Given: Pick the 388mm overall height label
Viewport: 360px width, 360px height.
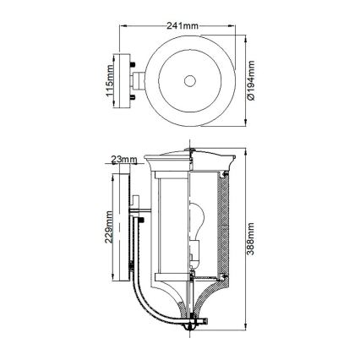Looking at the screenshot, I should click(251, 240).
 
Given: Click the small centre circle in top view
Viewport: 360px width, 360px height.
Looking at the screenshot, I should click(190, 81).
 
